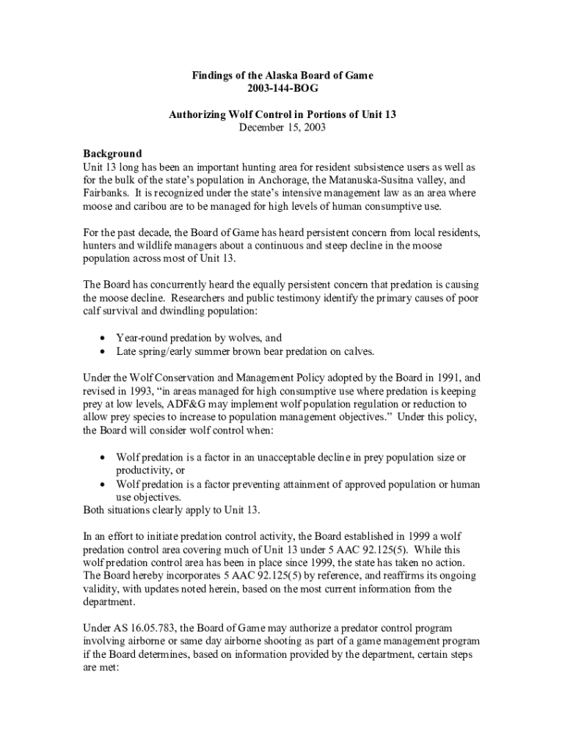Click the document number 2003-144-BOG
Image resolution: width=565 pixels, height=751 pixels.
(282, 89)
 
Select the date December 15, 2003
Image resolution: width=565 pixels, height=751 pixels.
(282, 128)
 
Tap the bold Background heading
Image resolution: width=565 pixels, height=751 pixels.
(112, 154)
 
